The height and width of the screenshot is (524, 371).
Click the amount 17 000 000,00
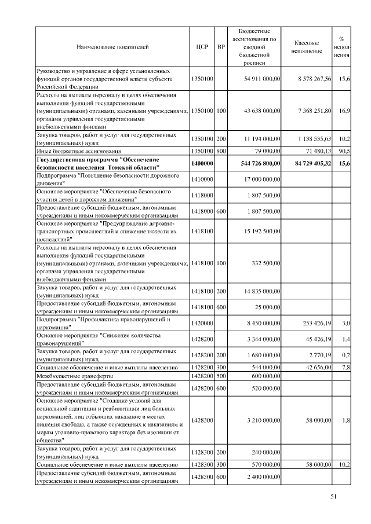point(259,179)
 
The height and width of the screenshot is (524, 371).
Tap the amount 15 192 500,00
point(259,232)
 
